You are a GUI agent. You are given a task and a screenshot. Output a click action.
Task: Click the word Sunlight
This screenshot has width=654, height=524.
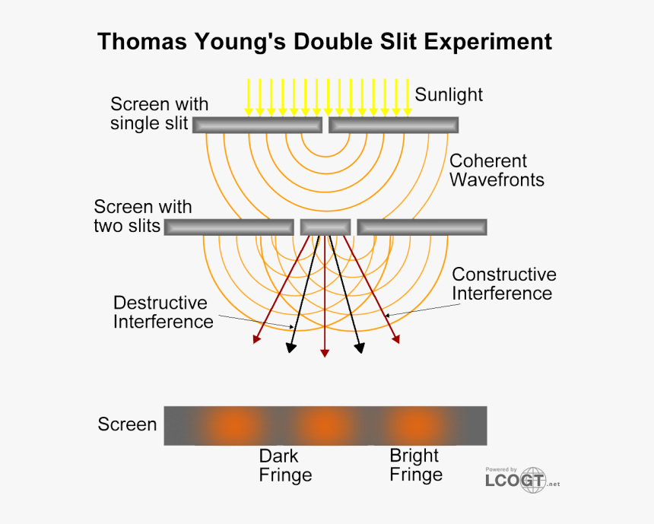coord(449,95)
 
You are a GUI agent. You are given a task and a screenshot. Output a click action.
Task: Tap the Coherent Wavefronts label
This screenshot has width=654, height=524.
coord(497,170)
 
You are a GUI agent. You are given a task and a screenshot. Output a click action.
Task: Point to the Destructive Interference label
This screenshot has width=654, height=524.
coord(163,312)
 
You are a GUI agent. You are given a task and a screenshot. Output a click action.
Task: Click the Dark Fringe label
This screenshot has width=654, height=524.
coord(285,465)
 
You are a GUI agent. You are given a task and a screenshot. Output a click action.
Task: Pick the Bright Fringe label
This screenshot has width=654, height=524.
coord(415,465)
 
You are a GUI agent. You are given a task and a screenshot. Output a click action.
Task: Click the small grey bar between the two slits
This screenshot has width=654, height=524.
coord(325,227)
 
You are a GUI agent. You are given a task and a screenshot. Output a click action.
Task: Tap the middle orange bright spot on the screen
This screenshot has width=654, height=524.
coord(325,425)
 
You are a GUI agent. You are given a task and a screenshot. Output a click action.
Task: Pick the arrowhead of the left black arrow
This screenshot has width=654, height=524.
coord(290,348)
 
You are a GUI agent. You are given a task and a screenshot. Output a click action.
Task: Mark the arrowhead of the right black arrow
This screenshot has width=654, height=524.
coord(359,348)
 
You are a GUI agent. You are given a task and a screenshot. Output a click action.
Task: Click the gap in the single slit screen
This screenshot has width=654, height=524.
coord(325,125)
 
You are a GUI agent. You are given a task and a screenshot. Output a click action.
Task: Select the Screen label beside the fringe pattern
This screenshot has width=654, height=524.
coord(127,424)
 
